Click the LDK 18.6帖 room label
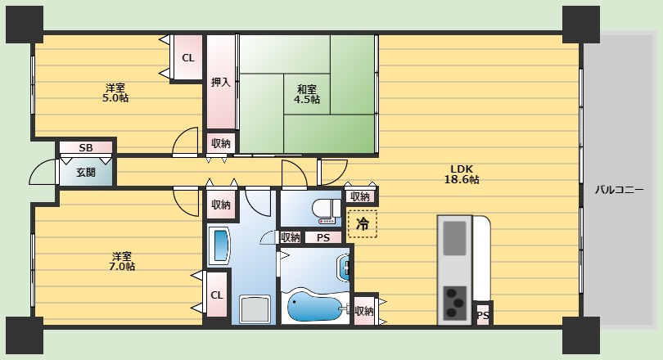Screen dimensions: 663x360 [462, 174]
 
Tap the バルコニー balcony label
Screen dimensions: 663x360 [620, 190]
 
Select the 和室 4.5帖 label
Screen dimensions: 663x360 [307, 94]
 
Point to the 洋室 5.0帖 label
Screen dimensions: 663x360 [115, 93]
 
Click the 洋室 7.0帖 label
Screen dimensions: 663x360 [122, 262]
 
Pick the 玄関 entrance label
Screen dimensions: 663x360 [86, 173]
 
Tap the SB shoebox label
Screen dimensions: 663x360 [86, 148]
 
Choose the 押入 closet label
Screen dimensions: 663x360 [221, 83]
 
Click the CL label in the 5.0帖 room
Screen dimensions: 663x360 [188, 58]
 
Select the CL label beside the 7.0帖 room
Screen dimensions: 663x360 [216, 295]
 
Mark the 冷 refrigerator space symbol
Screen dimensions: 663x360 [362, 223]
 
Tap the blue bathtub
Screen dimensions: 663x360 [315, 305]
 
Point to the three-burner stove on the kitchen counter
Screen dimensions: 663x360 [454, 303]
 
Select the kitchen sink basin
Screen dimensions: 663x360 [454, 238]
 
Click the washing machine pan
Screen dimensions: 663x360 [255, 310]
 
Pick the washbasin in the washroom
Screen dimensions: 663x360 [221, 245]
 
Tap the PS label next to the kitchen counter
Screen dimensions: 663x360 [483, 316]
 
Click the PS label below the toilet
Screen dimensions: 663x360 [323, 238]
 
